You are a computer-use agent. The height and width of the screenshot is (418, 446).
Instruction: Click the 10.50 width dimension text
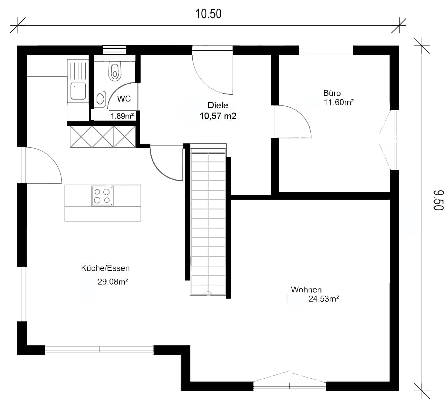point(209,14)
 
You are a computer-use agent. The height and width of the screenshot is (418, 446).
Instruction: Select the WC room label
point(124,99)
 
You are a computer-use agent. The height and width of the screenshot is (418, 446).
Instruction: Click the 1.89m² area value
point(122,116)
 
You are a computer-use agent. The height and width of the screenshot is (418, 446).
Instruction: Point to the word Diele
point(218,105)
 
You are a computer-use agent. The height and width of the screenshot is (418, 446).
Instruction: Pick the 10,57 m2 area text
point(218,116)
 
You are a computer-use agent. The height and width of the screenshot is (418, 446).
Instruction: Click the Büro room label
point(332,93)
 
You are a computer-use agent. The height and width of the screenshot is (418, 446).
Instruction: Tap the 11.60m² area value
point(339,102)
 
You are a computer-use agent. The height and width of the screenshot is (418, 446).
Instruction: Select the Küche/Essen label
point(105,268)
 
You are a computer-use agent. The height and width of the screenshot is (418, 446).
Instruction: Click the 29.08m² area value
point(113,281)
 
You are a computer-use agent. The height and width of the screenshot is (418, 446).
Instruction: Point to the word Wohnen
point(306,289)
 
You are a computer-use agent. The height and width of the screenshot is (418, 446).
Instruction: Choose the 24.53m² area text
point(324,299)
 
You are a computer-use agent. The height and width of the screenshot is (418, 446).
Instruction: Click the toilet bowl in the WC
point(115,71)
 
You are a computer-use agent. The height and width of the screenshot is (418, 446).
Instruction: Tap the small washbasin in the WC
point(100,99)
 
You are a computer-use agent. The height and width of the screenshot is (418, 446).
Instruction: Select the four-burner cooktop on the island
point(102,196)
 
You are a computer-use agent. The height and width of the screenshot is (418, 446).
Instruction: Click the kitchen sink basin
point(78,91)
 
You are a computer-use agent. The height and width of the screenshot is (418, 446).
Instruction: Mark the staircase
point(208,220)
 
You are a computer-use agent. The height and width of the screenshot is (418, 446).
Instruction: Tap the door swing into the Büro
point(293,121)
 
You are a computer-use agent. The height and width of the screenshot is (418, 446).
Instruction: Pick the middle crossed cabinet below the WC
point(103,137)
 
